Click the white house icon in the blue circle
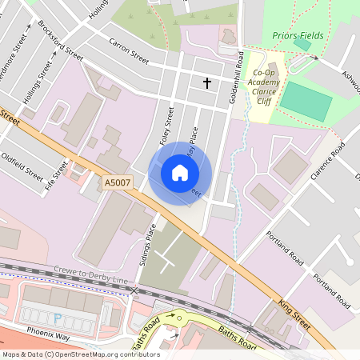(x=179, y=173)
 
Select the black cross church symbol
(x=207, y=82)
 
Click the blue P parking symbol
(x=57, y=318)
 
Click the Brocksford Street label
(x=60, y=41)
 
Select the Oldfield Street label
(x=22, y=162)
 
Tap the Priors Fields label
(x=297, y=35)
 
